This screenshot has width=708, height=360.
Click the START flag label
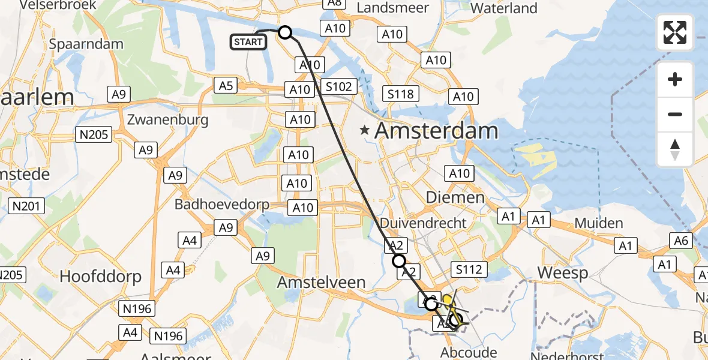[x=248, y=42]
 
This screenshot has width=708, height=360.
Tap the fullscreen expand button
[x=675, y=32]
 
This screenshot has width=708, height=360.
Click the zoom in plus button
[x=675, y=79]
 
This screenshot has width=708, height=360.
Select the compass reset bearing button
[x=675, y=149]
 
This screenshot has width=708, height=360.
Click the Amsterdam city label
[x=436, y=131]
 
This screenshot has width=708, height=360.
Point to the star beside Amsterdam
[x=364, y=130]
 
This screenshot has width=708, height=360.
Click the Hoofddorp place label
[x=100, y=277]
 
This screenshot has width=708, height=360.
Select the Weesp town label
[x=562, y=272]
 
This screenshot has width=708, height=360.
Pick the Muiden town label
[x=598, y=224]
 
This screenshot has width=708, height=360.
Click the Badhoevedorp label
[x=222, y=205]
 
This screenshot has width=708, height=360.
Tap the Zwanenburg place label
[x=167, y=119]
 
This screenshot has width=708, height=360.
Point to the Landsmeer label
[x=393, y=8]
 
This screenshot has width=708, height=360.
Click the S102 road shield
[x=339, y=86]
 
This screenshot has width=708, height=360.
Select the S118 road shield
[x=401, y=94]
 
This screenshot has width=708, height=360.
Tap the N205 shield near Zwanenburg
[x=94, y=134]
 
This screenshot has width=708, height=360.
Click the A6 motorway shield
[x=681, y=241]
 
